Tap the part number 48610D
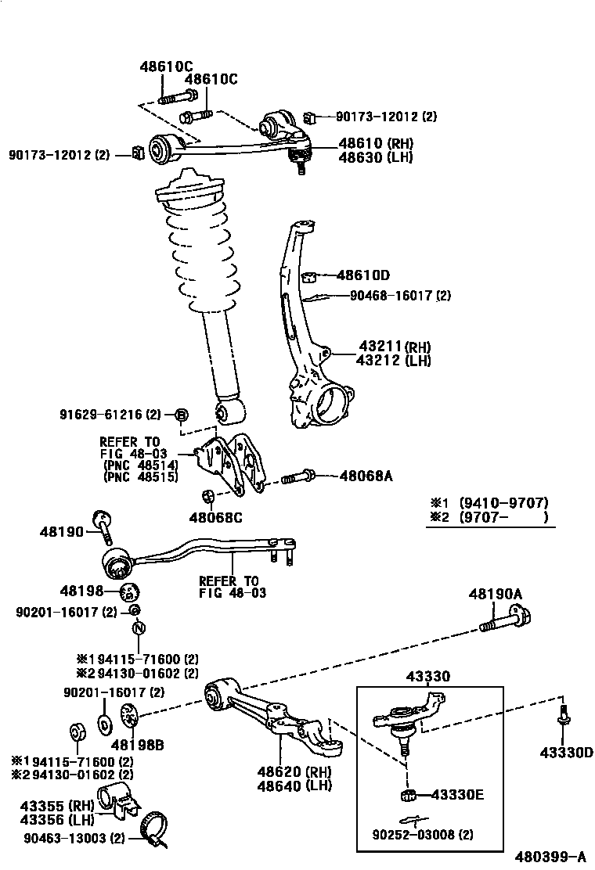(x=363, y=275)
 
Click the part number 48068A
(x=365, y=475)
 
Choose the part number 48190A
(x=495, y=595)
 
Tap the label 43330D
(x=566, y=753)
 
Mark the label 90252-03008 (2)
(x=426, y=834)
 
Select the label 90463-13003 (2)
(x=73, y=839)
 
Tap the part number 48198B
(x=137, y=745)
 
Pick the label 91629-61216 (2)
(x=110, y=414)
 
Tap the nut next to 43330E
(x=407, y=796)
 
